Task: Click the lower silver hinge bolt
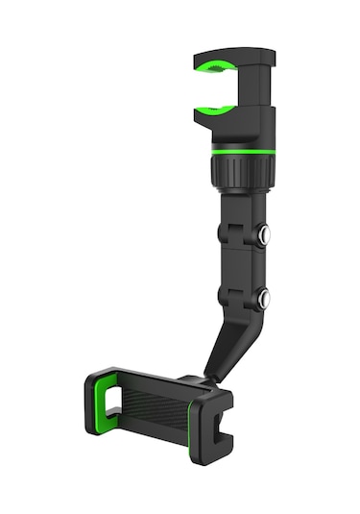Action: click(x=262, y=299)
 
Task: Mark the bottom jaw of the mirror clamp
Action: click(x=230, y=122)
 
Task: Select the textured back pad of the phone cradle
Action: click(x=154, y=404)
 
